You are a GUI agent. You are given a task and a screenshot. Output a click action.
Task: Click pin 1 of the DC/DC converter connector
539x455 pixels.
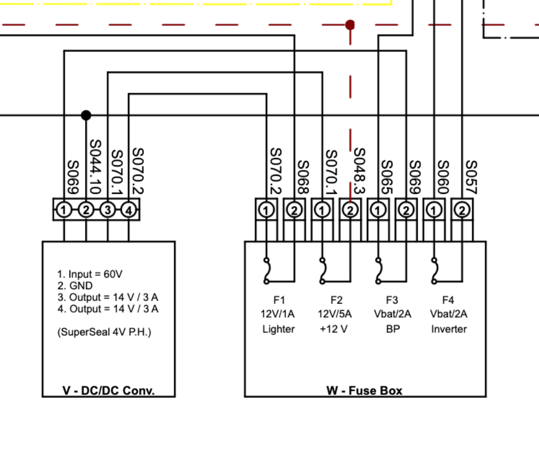pos(64,210)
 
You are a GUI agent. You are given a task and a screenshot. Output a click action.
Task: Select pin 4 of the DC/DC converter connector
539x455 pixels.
pos(129,210)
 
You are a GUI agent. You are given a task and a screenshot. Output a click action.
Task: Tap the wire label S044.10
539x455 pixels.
pos(95,166)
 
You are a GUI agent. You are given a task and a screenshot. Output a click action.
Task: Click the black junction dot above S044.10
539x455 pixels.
pos(86,115)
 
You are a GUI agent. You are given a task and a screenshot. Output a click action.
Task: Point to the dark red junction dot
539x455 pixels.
pos(350,25)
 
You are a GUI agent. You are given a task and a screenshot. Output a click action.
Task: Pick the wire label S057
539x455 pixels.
pos(471,177)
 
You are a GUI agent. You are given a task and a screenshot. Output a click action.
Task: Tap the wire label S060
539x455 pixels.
pos(443,177)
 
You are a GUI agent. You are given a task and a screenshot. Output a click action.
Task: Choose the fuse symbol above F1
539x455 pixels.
pos(266,270)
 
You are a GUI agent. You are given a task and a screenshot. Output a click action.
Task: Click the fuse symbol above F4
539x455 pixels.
pos(434,270)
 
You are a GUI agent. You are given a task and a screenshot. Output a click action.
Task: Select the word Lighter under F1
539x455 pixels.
pos(279,329)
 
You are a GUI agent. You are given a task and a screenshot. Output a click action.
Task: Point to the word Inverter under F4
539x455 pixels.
pos(449,329)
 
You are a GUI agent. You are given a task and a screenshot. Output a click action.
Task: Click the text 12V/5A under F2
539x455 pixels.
pos(335,314)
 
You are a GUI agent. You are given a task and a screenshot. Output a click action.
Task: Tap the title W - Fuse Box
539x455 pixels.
pos(364,390)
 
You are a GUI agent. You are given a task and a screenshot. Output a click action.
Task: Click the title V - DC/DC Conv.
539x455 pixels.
pos(109,391)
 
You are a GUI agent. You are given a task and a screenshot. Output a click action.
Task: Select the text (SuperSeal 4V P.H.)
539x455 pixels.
pos(104,332)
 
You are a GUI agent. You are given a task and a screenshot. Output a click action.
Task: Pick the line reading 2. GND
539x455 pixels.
pos(75,286)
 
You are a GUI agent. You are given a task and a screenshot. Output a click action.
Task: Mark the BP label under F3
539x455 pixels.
pos(393,329)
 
